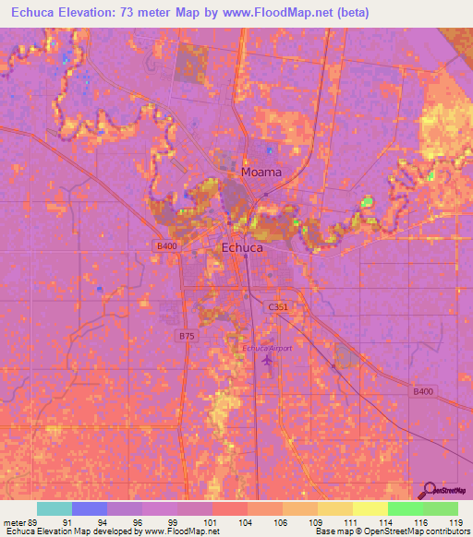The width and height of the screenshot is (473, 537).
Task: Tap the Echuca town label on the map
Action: point(242,248)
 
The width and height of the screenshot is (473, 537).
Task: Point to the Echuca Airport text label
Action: point(268,348)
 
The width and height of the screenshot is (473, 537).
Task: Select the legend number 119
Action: point(457,521)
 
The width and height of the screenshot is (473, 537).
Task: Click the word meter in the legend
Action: point(15,521)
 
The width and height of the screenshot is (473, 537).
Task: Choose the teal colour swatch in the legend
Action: point(55,508)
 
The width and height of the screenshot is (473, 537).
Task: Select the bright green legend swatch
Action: point(405,508)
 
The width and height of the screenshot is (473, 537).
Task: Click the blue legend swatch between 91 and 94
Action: point(90,508)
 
